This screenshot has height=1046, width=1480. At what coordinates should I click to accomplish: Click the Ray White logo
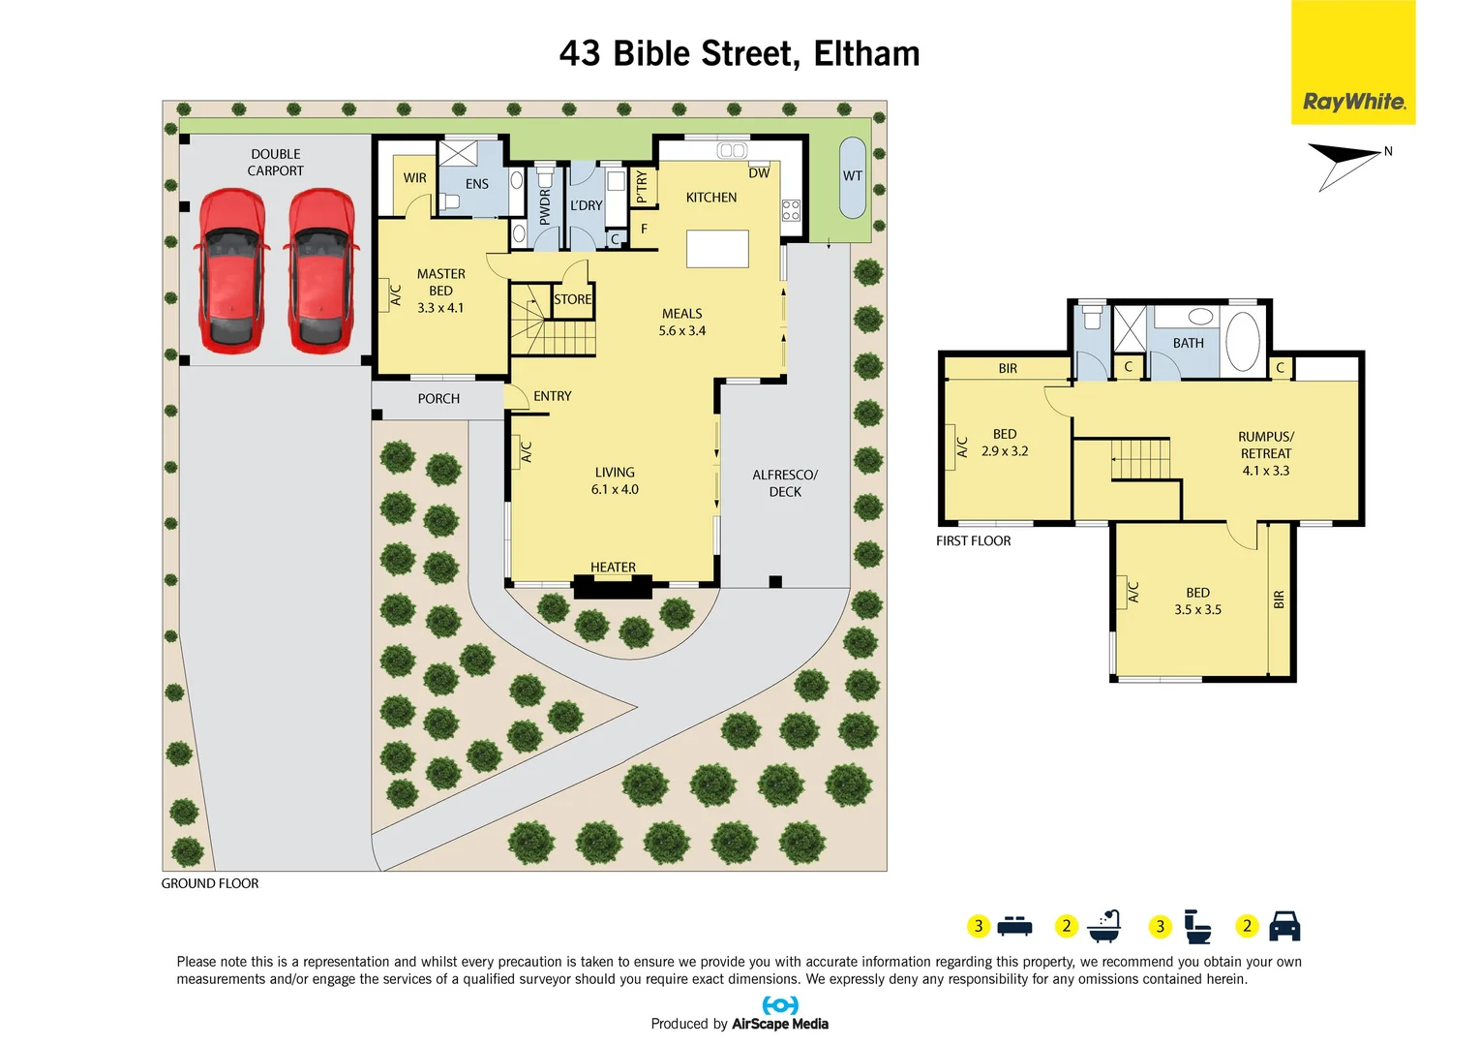tap(1353, 101)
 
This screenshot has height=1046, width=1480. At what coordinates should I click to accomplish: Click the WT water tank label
tap(852, 176)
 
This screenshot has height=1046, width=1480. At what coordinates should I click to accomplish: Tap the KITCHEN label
tap(711, 198)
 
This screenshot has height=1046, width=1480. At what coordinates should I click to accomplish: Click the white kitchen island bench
tap(717, 248)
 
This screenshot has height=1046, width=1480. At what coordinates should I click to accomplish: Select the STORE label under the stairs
tap(572, 299)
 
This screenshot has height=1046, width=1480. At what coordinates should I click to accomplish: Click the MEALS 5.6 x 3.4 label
tap(682, 322)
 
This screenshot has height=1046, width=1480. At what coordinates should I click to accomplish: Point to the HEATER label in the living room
tap(613, 568)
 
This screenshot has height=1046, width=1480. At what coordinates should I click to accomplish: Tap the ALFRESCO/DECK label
tap(785, 483)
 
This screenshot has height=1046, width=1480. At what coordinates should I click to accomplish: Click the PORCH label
tap(438, 399)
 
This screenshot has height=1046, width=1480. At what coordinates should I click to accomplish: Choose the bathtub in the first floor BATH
tap(1243, 341)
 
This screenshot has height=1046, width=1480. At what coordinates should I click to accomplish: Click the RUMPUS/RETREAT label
tap(1265, 453)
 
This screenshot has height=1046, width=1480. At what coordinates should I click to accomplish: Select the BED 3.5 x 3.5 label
tap(1197, 600)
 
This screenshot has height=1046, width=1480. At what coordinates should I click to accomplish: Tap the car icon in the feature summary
tap(1284, 926)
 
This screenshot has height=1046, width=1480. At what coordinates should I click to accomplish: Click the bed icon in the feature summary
tap(1014, 926)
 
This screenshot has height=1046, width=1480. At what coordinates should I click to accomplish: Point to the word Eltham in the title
tap(866, 54)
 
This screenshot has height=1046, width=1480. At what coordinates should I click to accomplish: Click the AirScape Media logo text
tap(779, 1024)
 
